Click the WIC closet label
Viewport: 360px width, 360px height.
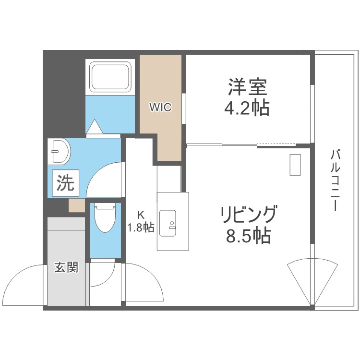point(160,107)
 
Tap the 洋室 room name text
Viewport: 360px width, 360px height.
point(247,87)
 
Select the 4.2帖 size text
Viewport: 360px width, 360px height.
point(247,108)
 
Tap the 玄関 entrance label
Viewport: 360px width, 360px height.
point(66,268)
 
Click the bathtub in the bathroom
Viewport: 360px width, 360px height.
point(111,77)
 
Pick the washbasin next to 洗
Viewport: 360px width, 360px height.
point(60,152)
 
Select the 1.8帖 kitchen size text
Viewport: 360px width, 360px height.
point(141,228)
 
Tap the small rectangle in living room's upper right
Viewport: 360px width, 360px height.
point(295,166)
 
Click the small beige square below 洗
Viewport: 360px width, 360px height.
point(77,205)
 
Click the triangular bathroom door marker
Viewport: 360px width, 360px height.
point(95,127)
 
